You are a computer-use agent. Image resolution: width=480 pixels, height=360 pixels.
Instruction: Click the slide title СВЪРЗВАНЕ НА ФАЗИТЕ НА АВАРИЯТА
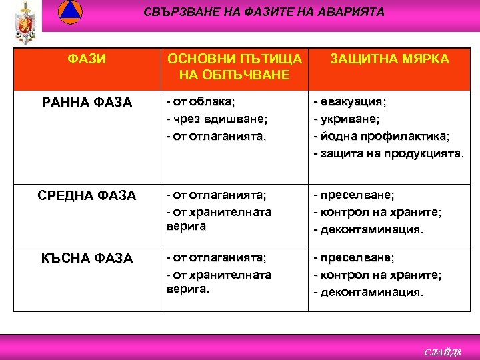click(264, 12)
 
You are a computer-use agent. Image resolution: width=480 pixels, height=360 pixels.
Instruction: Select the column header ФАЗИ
click(87, 59)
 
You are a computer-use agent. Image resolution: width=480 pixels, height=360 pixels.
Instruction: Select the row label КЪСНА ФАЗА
click(87, 257)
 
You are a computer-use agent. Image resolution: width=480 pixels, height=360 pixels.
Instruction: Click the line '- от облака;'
click(200, 101)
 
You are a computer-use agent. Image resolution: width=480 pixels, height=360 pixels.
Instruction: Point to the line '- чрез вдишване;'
click(217, 119)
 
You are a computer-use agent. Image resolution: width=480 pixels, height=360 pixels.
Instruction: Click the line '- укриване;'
click(347, 119)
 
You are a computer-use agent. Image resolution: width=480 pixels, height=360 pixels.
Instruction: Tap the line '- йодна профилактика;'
click(381, 136)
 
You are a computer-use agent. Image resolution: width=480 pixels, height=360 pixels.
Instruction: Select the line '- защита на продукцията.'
click(388, 153)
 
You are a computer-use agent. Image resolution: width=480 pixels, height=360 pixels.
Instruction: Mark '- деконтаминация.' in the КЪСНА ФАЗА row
click(368, 291)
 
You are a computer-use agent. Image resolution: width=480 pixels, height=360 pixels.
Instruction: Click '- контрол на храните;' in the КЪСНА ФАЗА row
click(377, 275)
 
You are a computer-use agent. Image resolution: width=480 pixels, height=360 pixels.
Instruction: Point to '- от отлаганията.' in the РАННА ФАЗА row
click(216, 136)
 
